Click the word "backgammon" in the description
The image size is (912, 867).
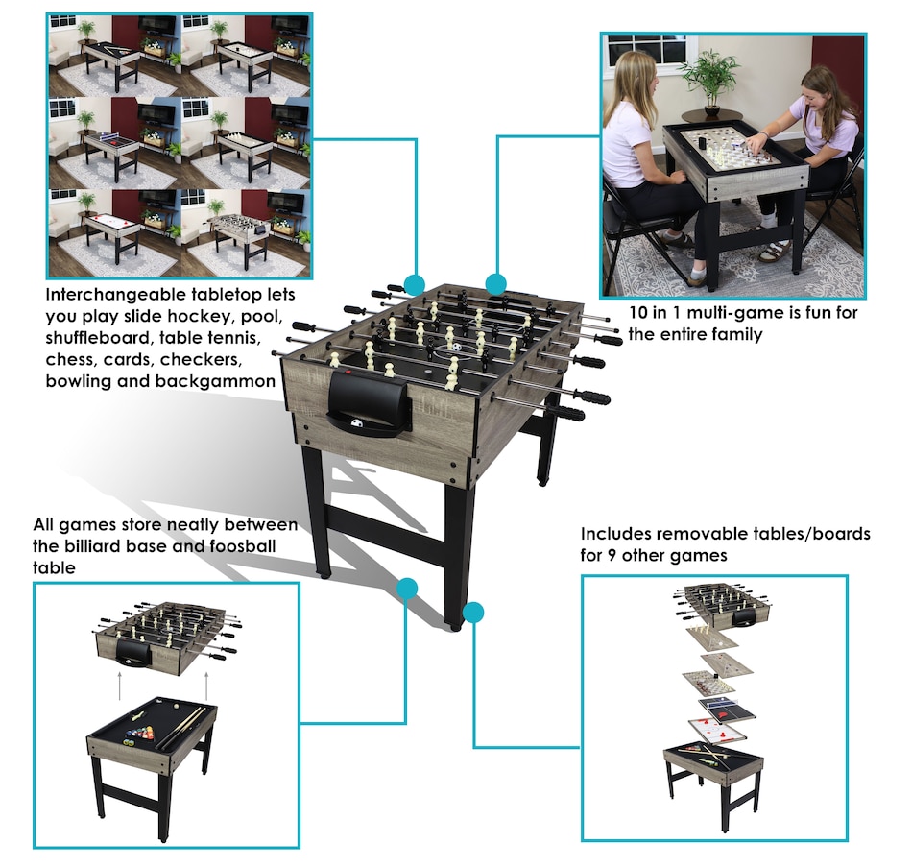tap(215, 381)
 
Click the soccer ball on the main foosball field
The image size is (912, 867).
tap(457, 347)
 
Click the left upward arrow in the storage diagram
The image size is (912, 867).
tap(119, 686)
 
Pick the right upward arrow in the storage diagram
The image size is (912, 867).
tap(207, 686)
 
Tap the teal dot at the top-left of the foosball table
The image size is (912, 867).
tap(414, 285)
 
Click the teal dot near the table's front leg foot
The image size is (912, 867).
tap(473, 613)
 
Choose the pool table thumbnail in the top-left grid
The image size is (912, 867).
tap(114, 56)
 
